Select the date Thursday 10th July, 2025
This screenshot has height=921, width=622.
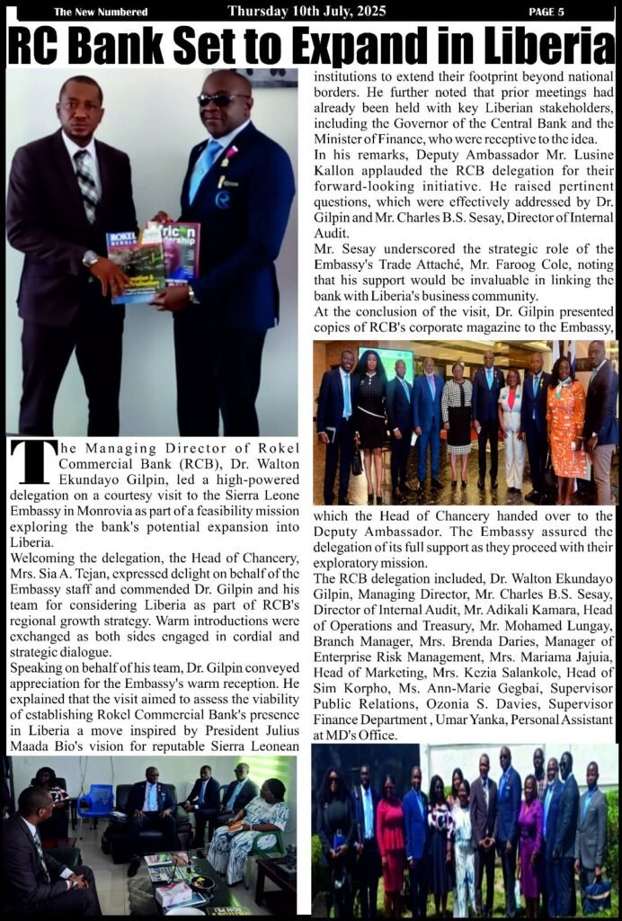point(307,11)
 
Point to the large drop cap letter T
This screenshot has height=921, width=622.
point(32,461)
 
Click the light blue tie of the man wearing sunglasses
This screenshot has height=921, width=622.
point(200,171)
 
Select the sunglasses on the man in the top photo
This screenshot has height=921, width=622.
point(220,100)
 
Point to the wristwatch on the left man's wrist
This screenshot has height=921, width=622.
point(90,259)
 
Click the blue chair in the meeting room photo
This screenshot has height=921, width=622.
point(95,801)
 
